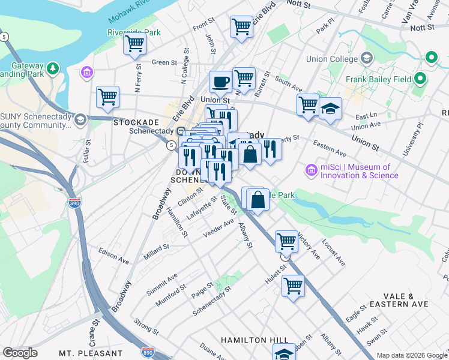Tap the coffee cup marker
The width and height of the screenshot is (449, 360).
pos(220,81)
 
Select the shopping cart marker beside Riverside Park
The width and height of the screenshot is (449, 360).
pos(135,43)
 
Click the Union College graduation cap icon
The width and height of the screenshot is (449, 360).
pos(367,59)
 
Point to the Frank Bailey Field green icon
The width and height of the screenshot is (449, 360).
pos(420,79)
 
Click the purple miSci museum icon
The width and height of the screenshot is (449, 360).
pos(311,170)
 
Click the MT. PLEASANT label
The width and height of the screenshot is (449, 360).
pos(91,353)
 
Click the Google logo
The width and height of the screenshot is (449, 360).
pos(20,353)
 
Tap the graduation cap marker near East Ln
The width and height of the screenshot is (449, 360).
pos(330,109)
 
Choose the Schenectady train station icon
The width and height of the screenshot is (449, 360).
pos(180,131)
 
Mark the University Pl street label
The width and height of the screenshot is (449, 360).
pos(412,139)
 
